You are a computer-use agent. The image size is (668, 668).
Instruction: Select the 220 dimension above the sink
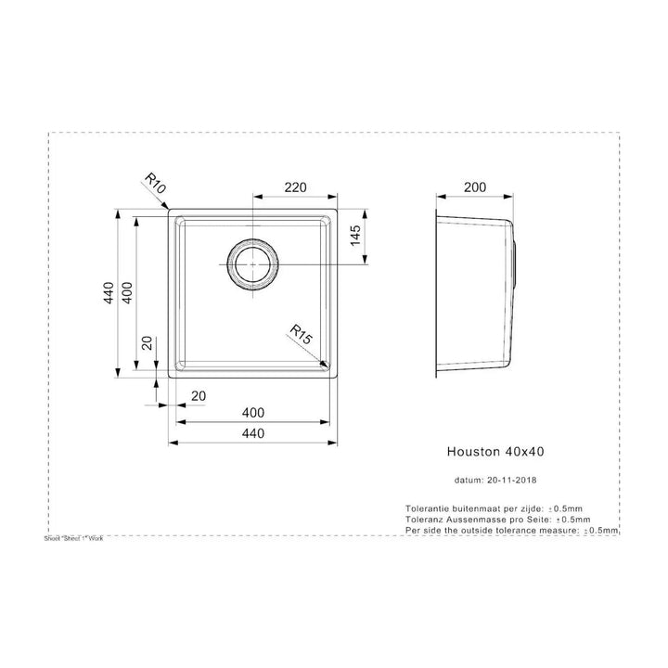pyautogui.click(x=294, y=187)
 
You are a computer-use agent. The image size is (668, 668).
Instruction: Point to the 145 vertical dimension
pyautogui.click(x=354, y=239)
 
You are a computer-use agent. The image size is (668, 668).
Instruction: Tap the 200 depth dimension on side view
pyautogui.click(x=475, y=187)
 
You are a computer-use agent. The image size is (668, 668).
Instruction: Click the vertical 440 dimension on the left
pyautogui.click(x=109, y=293)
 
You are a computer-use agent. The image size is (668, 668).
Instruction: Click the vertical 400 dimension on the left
pyautogui.click(x=130, y=293)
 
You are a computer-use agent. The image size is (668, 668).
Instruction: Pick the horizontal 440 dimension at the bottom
pyautogui.click(x=253, y=433)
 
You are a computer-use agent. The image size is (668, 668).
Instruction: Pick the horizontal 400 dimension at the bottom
pyautogui.click(x=253, y=413)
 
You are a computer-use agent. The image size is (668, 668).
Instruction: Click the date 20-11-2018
pyautogui.click(x=511, y=481)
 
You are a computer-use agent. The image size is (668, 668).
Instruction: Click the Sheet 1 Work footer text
pyautogui.click(x=73, y=538)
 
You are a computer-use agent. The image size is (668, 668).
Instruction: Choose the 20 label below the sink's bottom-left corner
pyautogui.click(x=196, y=396)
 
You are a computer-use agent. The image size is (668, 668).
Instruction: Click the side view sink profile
pyautogui.click(x=478, y=295)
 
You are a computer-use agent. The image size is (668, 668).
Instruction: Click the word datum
pyautogui.click(x=469, y=481)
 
